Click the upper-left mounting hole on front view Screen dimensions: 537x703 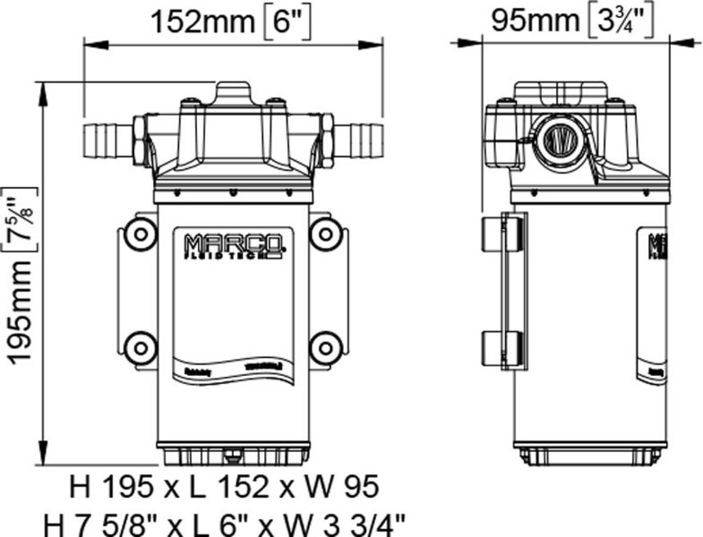pyautogui.click(x=141, y=235)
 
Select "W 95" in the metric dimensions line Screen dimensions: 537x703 pyautogui.click(x=341, y=488)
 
